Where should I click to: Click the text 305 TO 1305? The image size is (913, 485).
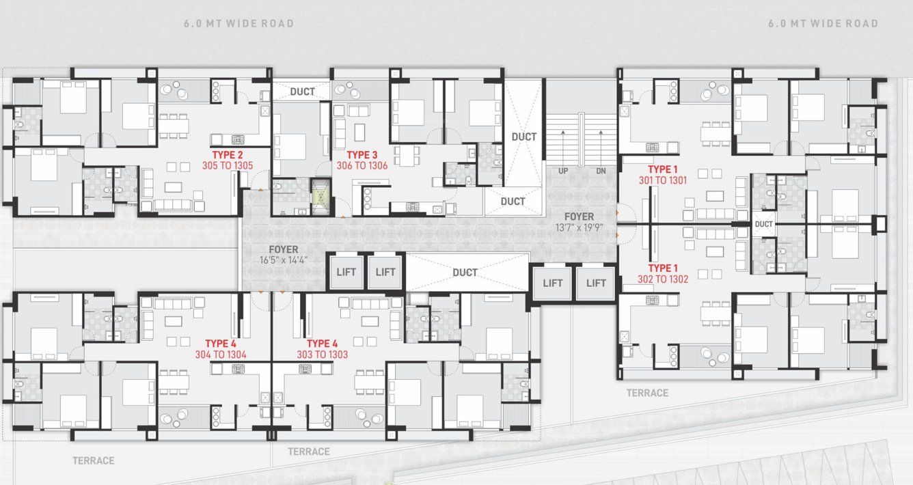click(x=227, y=165)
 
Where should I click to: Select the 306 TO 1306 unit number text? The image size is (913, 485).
click(x=362, y=165)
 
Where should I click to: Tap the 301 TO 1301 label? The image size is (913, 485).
click(x=662, y=180)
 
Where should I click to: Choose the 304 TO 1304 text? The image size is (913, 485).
click(x=220, y=355)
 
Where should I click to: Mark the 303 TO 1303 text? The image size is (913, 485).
click(x=323, y=355)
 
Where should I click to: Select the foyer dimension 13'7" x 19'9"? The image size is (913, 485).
click(x=579, y=227)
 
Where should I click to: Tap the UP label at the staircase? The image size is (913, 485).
click(x=564, y=170)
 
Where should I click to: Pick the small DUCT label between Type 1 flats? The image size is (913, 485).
click(x=763, y=224)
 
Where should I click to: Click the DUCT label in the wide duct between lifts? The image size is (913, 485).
click(x=465, y=273)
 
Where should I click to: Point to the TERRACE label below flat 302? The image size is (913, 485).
click(x=647, y=393)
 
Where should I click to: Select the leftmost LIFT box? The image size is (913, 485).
click(x=346, y=272)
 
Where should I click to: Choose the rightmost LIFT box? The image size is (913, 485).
click(x=596, y=283)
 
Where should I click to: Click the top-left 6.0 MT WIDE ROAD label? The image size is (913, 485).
click(x=239, y=24)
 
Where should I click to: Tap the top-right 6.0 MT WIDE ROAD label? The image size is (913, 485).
click(x=823, y=24)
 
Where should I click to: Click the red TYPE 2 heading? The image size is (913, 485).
click(x=227, y=154)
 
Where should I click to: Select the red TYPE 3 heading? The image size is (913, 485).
click(x=362, y=154)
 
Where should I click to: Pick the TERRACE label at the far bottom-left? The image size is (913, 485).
click(x=94, y=461)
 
